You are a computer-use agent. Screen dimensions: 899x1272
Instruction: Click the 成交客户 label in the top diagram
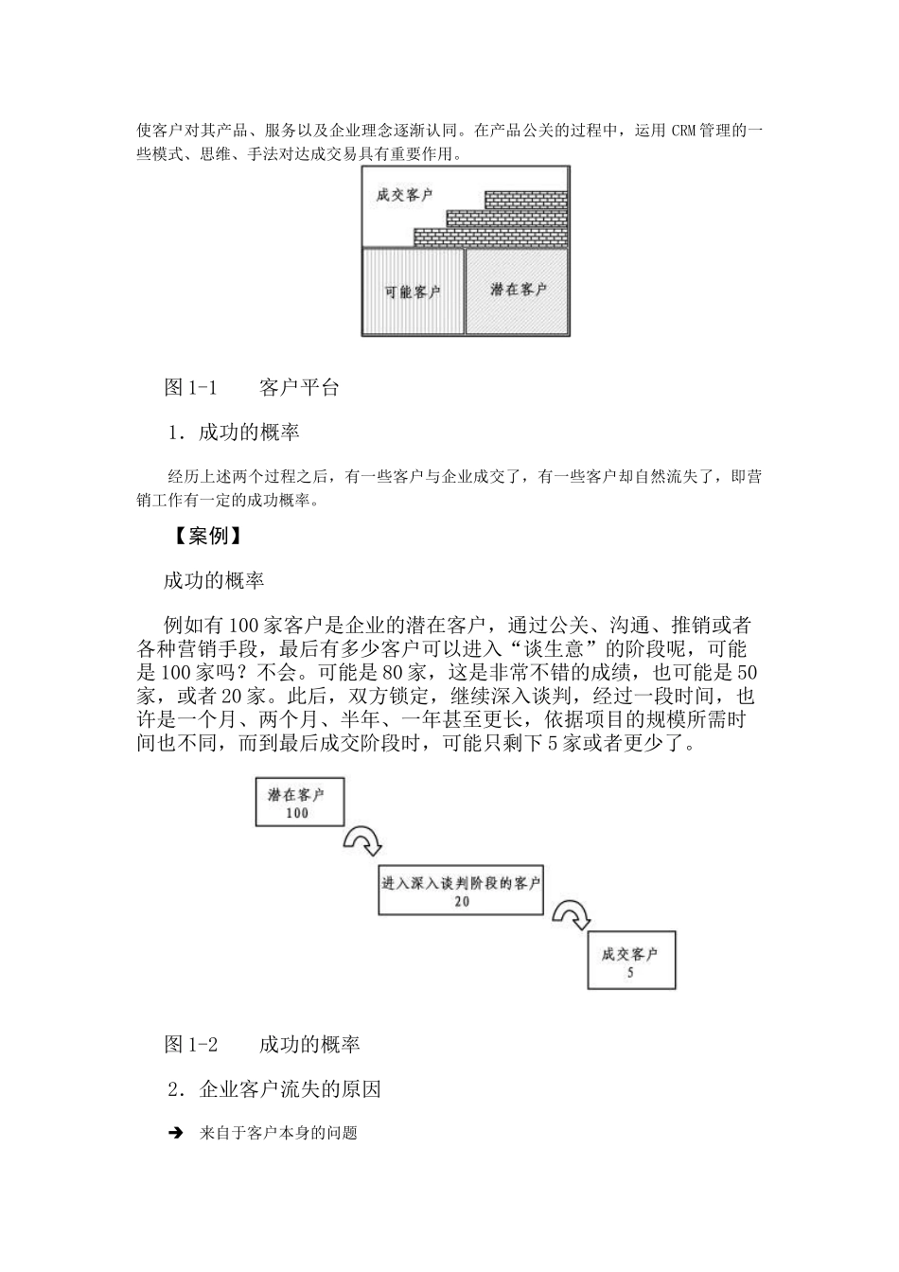click(404, 195)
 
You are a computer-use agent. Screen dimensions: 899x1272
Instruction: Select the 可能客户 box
click(413, 291)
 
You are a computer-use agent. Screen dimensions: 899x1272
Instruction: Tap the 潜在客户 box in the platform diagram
click(518, 290)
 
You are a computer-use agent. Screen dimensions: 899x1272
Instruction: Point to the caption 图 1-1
click(191, 387)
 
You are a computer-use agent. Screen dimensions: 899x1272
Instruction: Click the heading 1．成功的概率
click(234, 433)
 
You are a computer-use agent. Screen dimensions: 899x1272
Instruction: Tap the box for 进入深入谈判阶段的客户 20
click(461, 891)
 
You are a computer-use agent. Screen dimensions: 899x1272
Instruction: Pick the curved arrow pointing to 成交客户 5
click(571, 915)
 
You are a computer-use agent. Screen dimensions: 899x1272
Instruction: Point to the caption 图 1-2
click(191, 1045)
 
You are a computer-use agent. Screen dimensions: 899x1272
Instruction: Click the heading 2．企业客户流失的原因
click(274, 1089)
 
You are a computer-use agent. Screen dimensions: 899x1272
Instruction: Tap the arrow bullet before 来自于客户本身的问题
click(175, 1133)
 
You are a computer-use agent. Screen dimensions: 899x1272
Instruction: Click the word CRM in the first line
click(684, 131)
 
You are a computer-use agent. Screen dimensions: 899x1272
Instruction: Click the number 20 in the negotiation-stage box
click(461, 901)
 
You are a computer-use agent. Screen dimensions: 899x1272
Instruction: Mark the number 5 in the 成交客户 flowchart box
click(630, 972)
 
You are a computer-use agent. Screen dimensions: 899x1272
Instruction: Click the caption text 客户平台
click(299, 387)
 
